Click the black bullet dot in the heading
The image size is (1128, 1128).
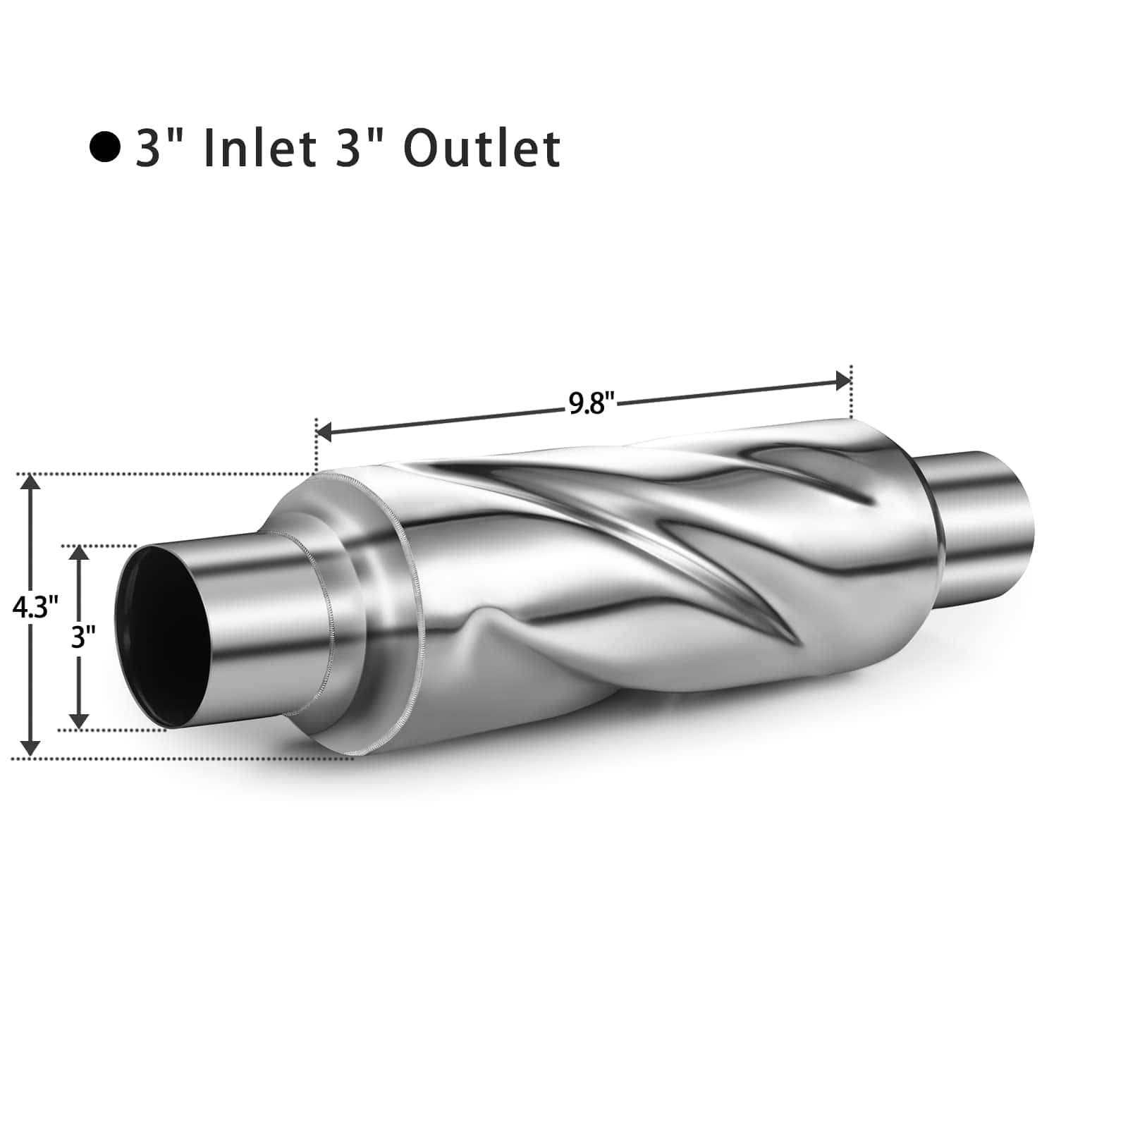pyautogui.click(x=105, y=147)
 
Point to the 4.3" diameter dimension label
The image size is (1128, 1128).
pyautogui.click(x=35, y=606)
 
